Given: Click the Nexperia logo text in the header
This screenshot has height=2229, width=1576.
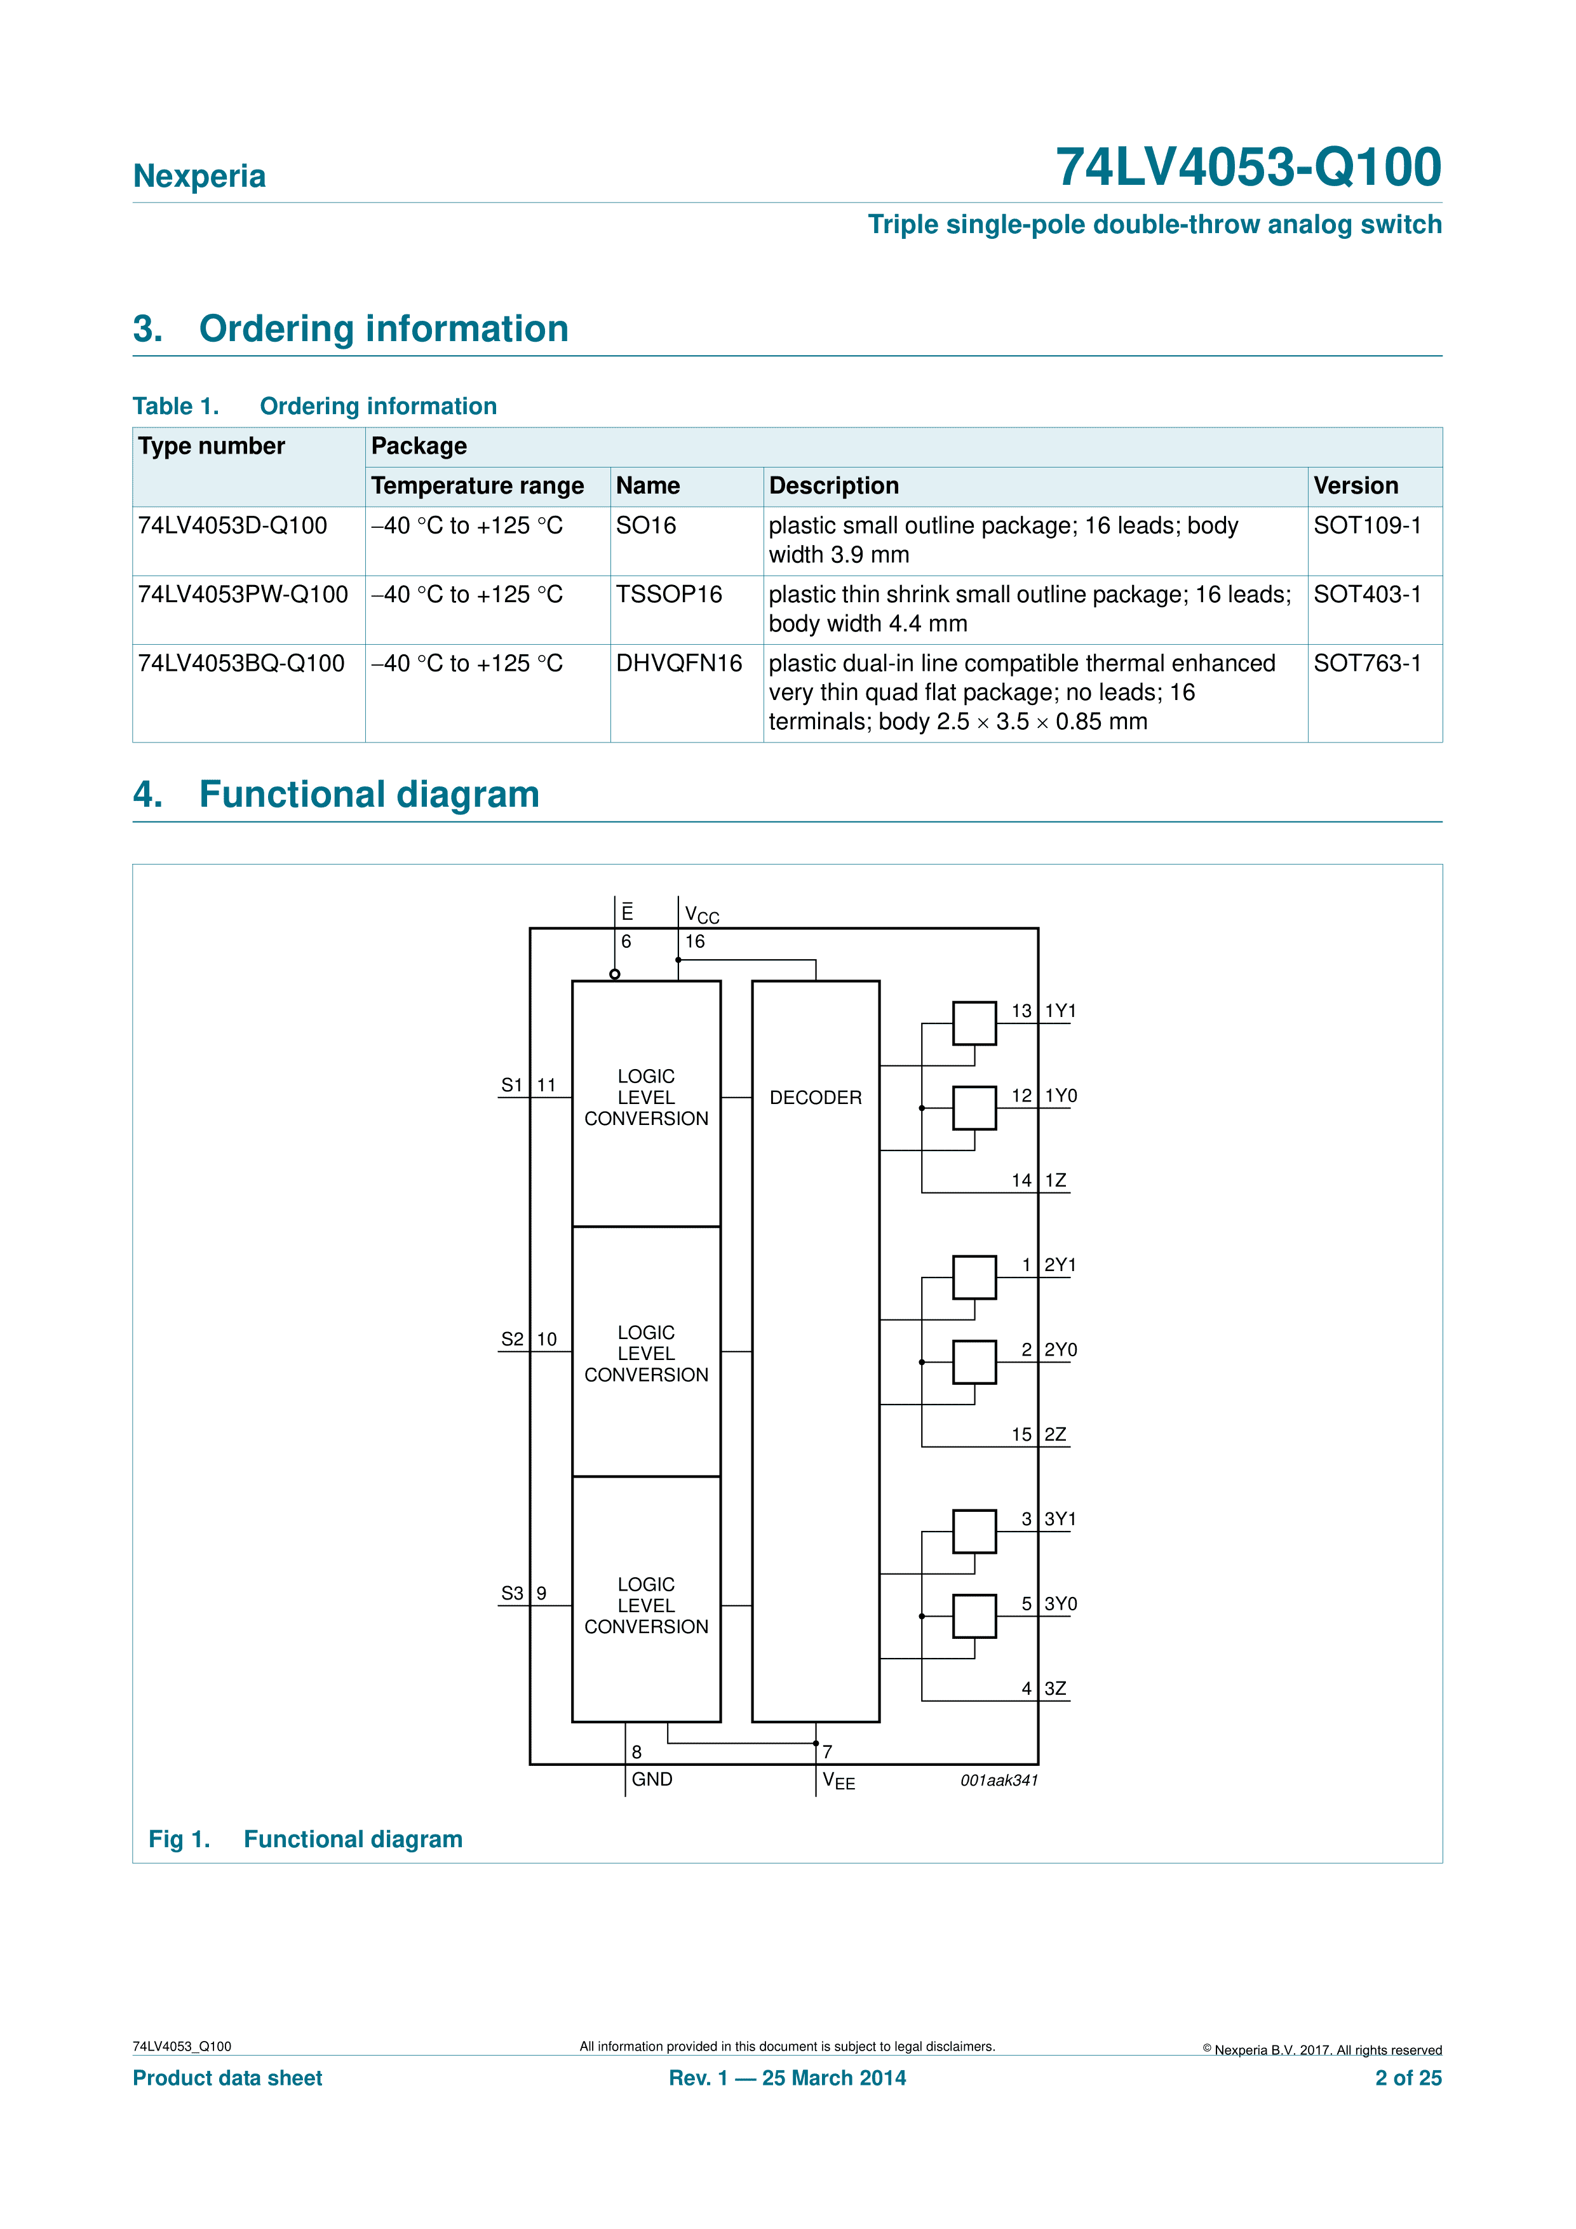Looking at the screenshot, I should pos(199,176).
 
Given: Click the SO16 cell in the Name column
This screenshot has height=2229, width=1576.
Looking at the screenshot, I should pos(646,525).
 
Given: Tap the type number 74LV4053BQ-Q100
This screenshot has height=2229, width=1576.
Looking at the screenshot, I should pos(241,663).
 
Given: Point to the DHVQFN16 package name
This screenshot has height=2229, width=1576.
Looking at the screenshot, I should pos(679,663).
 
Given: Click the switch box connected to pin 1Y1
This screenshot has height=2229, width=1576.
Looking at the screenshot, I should pos(974,1023).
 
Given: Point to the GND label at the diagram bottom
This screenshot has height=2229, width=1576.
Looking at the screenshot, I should pos(652,1779).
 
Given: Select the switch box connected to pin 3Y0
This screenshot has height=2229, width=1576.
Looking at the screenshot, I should pos(974,1617).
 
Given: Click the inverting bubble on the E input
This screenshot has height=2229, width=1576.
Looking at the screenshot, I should pos(615,974).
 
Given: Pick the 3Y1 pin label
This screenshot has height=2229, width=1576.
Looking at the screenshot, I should pos(1060,1519).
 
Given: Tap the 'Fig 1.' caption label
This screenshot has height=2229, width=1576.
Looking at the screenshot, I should pos(178,1840).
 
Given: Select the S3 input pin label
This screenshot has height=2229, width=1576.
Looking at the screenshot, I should pos(512,1593).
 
